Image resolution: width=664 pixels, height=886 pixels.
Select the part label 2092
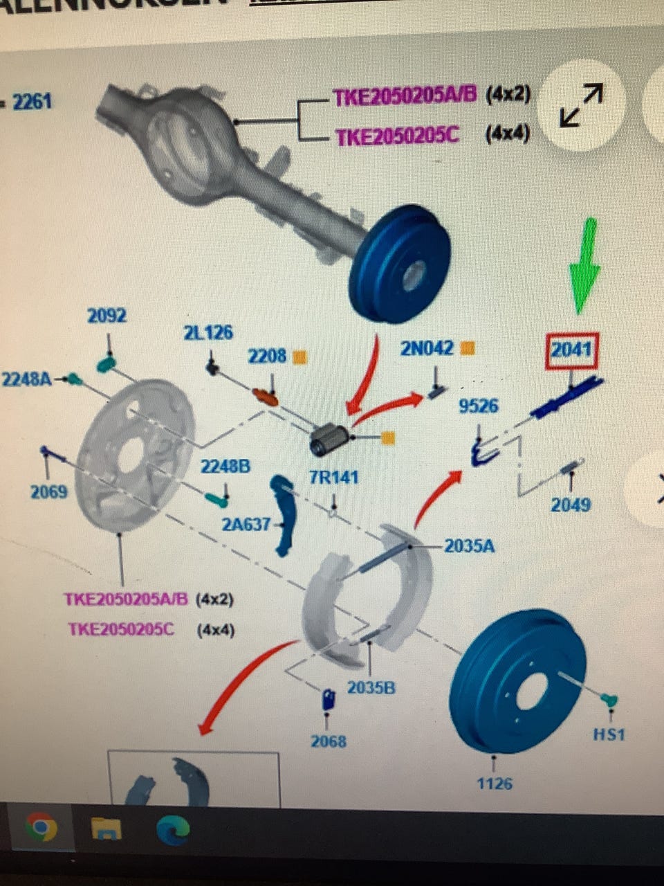107,316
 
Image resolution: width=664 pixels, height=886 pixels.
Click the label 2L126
207,333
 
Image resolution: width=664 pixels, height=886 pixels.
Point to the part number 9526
479,406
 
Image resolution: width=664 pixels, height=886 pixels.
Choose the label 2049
570,505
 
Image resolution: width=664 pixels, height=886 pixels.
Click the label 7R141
333,478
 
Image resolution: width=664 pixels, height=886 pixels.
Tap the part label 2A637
246,524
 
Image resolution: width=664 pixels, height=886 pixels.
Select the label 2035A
469,546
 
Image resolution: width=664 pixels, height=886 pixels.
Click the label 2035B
371,688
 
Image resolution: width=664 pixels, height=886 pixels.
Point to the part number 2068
328,742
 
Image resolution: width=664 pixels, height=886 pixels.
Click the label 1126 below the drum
495,784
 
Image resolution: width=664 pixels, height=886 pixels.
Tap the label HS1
609,734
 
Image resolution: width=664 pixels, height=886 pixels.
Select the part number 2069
48,492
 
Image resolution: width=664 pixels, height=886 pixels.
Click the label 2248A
26,379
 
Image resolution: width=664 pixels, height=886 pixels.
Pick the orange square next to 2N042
468,348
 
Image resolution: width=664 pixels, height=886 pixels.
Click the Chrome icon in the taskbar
41,827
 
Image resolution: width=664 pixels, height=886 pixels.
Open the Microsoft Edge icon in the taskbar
173,829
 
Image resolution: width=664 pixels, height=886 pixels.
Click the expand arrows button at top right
581,105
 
